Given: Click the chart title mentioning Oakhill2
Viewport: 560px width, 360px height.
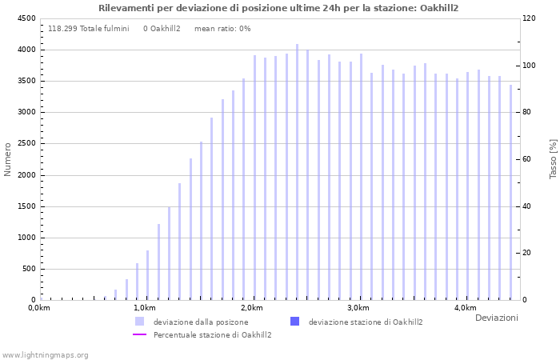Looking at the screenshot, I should [279, 8].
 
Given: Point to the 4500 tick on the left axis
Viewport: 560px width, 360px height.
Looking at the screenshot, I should [26, 18].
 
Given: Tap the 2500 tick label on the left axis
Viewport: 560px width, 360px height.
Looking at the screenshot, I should [26, 144].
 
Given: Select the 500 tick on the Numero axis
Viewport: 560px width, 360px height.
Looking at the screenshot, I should [29, 269].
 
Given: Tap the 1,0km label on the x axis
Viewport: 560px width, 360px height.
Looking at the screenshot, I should [145, 308].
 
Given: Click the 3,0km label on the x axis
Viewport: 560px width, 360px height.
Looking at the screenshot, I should [358, 308].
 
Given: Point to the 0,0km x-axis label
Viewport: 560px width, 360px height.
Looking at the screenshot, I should [39, 308].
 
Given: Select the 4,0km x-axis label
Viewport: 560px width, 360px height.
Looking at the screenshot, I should [465, 308].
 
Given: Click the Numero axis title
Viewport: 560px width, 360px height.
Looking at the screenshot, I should [8, 159].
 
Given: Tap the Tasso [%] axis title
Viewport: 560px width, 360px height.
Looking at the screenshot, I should [553, 158].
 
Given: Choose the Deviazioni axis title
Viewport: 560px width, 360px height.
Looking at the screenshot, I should [496, 318].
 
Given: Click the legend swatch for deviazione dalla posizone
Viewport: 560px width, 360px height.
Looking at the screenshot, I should [140, 322].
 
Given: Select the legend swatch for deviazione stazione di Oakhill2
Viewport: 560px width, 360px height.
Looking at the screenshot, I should [294, 322].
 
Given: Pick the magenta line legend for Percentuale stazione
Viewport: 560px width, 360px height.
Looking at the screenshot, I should [140, 334].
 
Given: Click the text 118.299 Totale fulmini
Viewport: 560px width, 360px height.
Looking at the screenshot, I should [89, 29].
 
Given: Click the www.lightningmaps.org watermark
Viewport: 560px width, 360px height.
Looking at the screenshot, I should [45, 355].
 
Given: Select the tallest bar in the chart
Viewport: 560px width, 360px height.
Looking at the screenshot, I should [297, 172].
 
